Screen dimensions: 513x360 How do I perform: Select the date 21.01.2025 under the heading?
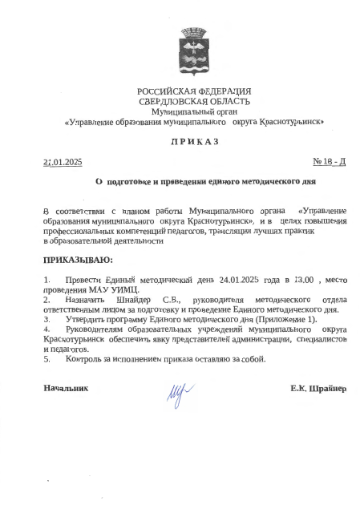(63, 162)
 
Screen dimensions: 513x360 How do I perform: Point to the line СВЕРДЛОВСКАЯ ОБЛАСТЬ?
(193, 101)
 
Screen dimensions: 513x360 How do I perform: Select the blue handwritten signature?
(176, 391)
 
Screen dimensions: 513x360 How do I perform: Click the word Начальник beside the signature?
(66, 389)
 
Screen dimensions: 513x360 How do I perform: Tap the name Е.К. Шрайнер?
(318, 389)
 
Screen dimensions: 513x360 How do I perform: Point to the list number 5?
(46, 358)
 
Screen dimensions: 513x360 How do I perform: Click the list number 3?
(46, 319)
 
